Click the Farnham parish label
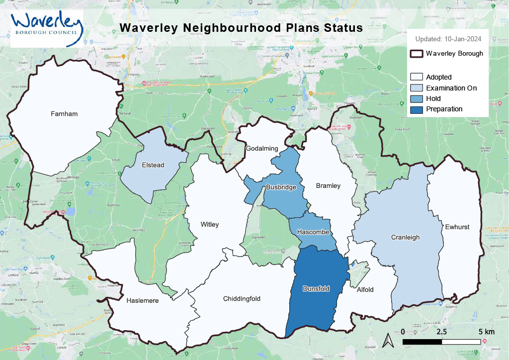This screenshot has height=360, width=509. coord(64,114)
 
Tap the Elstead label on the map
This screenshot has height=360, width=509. coord(153,165)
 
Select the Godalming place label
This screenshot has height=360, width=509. coord(262,149)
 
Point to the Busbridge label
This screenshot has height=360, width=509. coord(281,187)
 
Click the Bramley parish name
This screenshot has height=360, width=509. coord(329,186)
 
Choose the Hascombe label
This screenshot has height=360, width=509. coord(312,232)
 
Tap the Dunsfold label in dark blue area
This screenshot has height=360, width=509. coord(316,288)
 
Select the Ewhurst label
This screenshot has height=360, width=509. coord(457,227)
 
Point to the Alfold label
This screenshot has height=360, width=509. coord(365,290)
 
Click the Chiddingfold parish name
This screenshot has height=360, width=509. coord(242,299)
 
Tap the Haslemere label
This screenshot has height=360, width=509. coord(142,301)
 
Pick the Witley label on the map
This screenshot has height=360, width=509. coord(209,225)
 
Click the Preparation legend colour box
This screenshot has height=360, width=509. coord(416,109)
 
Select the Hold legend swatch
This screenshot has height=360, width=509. coord(416,98)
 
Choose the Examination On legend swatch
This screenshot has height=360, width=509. coord(416,88)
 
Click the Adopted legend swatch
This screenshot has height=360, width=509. coord(416,77)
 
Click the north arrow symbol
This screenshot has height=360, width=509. coord(390,341)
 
